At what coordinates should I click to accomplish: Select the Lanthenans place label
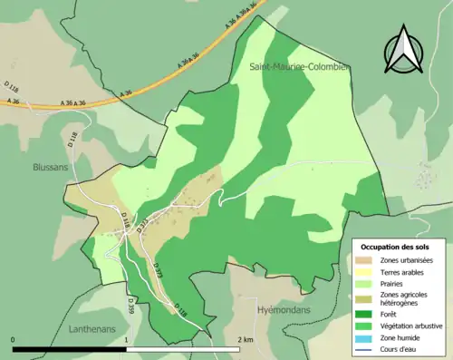[92, 328]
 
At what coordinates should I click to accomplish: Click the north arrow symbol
[403, 52]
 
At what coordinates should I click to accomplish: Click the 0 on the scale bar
[14, 339]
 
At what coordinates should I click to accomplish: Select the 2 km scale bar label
[245, 339]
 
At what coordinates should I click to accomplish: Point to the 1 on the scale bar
[126, 339]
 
